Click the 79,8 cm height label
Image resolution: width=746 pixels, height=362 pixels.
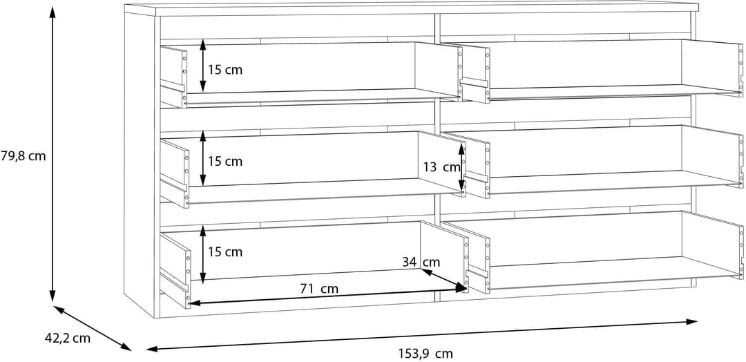click(x=23, y=155)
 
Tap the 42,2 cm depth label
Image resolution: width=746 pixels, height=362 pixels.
click(x=67, y=339)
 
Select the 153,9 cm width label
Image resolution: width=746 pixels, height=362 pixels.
click(x=425, y=354)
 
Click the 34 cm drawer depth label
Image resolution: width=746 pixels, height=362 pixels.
click(x=421, y=262)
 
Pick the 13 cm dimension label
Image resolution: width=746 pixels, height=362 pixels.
click(x=442, y=167)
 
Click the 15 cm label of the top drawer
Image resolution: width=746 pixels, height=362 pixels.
click(x=225, y=70)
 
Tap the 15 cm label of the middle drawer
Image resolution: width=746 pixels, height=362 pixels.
click(x=225, y=161)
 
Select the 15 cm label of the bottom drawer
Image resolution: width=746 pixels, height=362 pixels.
click(x=225, y=251)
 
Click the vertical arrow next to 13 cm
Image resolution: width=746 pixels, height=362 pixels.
click(x=461, y=167)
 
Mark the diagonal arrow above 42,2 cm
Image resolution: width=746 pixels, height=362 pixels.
click(x=93, y=328)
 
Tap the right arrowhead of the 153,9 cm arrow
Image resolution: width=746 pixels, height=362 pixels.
click(x=691, y=322)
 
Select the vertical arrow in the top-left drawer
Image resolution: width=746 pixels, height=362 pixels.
click(x=202, y=65)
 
